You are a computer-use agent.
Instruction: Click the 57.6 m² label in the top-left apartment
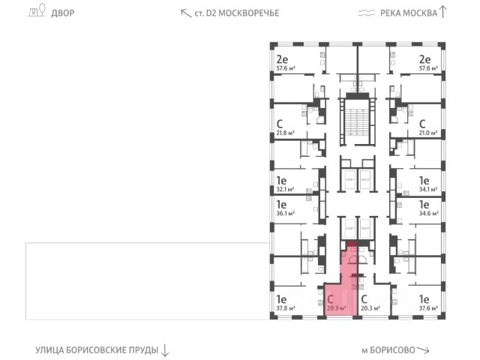[x=285, y=67]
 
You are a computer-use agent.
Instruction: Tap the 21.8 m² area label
[x=285, y=133]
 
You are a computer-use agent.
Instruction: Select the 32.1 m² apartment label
[x=285, y=190]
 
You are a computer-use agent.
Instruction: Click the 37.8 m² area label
[x=285, y=307]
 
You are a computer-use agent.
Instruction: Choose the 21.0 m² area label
[x=428, y=133]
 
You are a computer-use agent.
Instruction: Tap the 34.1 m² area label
[x=428, y=190]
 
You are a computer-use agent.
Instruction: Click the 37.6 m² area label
[x=428, y=307]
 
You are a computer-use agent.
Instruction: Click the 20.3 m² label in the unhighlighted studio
[x=370, y=307]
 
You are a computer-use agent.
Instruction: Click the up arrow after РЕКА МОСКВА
[x=442, y=11]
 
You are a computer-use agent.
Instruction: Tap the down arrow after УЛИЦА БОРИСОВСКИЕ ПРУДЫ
[x=166, y=350]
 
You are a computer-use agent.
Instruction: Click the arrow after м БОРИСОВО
[x=424, y=350]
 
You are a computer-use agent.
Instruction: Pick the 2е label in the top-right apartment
[x=424, y=59]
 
